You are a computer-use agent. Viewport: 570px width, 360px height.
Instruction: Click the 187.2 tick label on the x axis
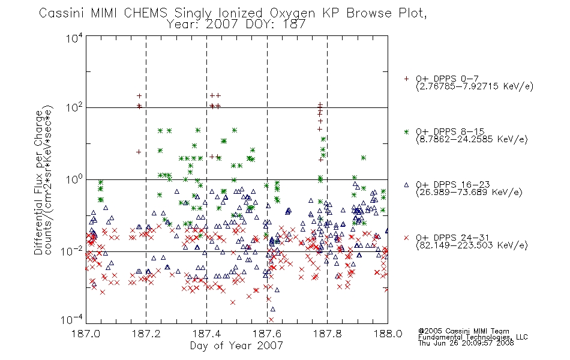point(146,334)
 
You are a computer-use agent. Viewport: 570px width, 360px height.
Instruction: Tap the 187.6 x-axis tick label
point(267,334)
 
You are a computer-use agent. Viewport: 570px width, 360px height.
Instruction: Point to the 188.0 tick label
point(388,334)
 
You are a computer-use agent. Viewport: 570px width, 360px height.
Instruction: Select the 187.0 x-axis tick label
point(86,334)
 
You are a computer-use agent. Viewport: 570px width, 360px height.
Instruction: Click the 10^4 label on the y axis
point(74,38)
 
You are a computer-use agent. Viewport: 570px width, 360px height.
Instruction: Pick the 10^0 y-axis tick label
point(74,179)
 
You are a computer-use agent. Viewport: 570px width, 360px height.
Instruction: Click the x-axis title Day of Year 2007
point(236,346)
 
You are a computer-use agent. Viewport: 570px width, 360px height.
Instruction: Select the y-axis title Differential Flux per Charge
point(38,182)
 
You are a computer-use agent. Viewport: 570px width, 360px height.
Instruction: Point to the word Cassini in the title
point(62,13)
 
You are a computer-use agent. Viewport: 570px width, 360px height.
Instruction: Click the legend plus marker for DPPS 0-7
point(406,79)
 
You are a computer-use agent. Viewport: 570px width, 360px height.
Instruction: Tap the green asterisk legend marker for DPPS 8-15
point(406,131)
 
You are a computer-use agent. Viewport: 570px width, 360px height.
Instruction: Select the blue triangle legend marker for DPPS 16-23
point(406,185)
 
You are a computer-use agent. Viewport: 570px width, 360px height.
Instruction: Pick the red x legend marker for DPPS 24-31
point(406,238)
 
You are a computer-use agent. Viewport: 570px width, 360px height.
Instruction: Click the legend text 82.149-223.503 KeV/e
point(472,245)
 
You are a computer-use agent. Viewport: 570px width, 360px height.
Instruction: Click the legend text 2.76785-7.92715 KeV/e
point(475,86)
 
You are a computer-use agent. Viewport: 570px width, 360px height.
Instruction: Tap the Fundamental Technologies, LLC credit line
point(473,337)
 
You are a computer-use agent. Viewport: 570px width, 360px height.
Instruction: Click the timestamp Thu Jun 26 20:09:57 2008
point(466,343)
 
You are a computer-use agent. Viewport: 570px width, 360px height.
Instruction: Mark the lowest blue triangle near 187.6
point(272,309)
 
